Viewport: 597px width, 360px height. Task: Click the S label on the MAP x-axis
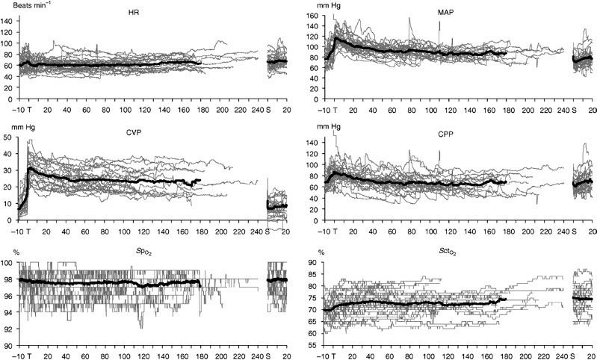572,110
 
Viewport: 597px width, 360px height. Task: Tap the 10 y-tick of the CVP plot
10,204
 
